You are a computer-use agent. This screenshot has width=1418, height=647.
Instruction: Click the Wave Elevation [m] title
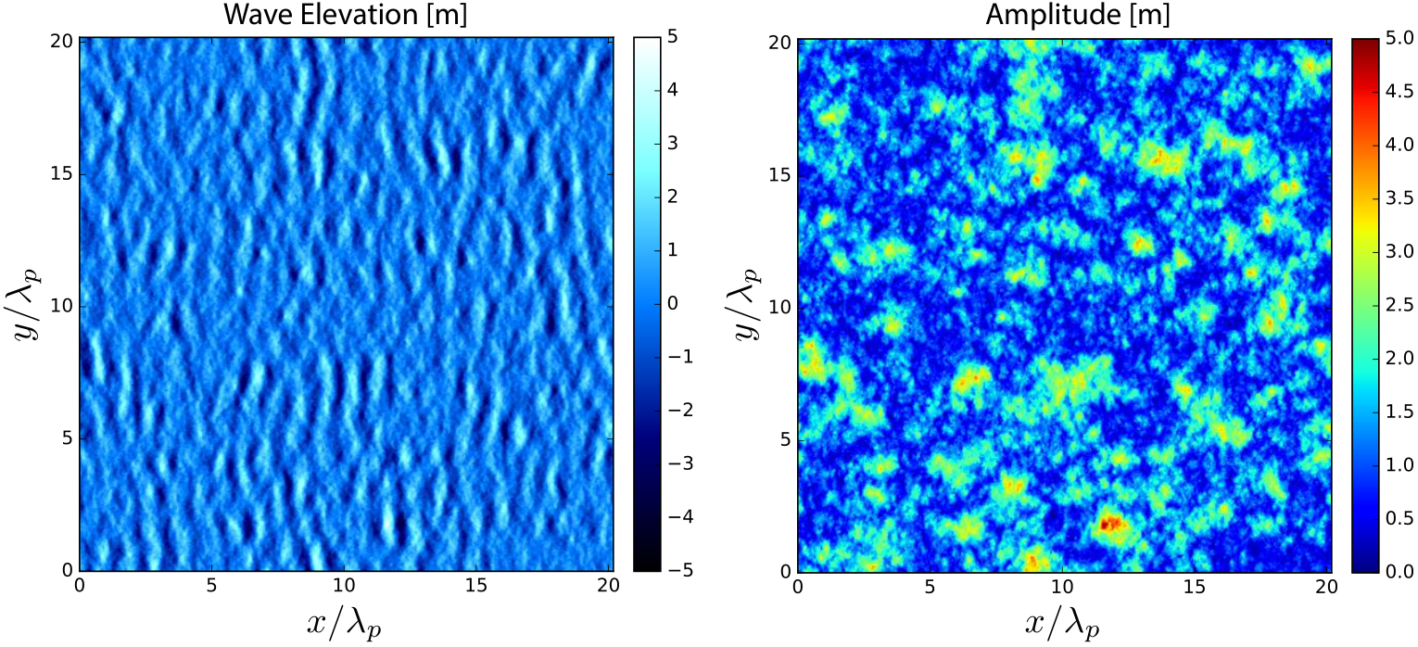345,15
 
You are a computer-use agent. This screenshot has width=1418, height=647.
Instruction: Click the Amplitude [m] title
1078,15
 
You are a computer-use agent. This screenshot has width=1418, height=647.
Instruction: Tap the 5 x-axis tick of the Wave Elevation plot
211,586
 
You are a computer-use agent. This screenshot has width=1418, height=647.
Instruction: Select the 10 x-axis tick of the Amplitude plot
1062,587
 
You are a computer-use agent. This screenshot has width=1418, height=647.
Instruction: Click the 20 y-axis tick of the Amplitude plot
779,43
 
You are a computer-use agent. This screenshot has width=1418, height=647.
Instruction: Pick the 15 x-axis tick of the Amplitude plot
1195,587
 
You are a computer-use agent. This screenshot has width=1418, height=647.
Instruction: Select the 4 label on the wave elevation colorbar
672,90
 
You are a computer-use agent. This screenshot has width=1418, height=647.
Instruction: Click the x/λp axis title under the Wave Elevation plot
345,624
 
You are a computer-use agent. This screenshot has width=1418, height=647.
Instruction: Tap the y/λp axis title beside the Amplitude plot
747,305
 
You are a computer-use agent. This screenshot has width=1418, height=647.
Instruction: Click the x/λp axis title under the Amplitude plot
1063,624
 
